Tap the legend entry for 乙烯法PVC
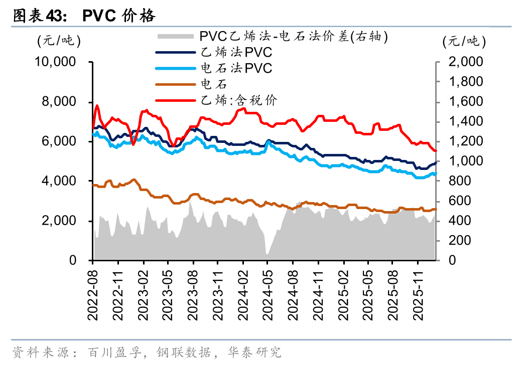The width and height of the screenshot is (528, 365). (x=236, y=52)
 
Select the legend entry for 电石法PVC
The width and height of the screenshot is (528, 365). (x=236, y=68)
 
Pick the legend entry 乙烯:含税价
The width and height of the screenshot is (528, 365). (x=238, y=100)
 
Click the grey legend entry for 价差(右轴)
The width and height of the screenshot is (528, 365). (x=294, y=36)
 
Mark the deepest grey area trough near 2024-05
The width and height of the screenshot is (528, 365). (x=267, y=253)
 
